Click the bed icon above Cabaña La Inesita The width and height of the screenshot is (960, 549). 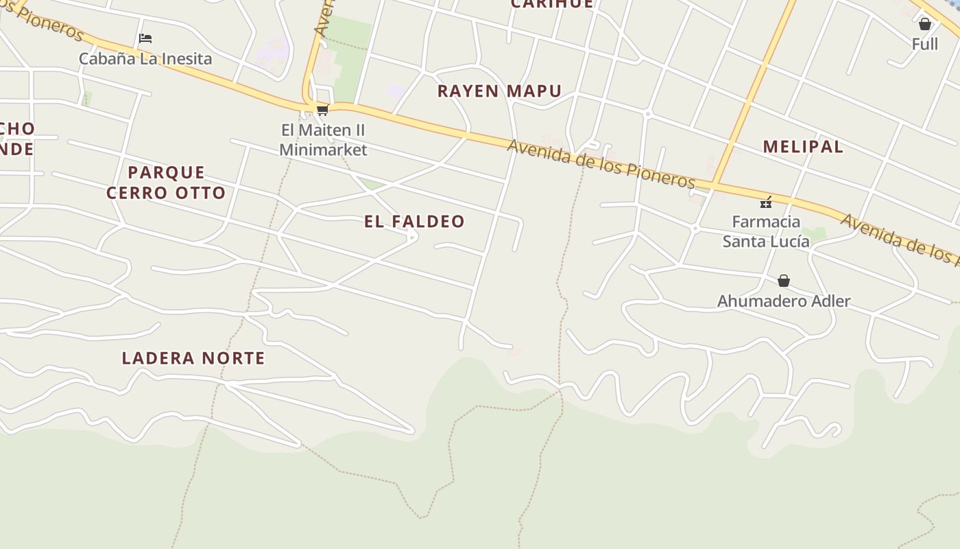click(x=145, y=38)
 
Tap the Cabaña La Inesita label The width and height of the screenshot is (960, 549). click(x=145, y=58)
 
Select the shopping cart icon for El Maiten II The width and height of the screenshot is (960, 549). click(x=322, y=110)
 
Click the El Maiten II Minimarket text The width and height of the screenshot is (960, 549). click(x=324, y=140)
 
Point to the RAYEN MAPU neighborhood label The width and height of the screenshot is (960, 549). click(x=499, y=91)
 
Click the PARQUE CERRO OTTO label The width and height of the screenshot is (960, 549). click(x=166, y=183)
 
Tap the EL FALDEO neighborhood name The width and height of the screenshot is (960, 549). click(x=414, y=221)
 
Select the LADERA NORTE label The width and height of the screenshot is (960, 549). click(x=193, y=358)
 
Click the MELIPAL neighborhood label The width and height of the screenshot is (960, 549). click(x=803, y=146)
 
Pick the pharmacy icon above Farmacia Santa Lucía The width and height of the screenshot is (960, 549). click(x=766, y=202)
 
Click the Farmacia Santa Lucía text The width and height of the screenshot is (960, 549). click(x=766, y=231)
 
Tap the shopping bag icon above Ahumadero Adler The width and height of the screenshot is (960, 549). click(x=784, y=281)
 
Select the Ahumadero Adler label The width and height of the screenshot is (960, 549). click(x=784, y=301)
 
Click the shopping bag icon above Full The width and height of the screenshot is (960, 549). click(x=925, y=25)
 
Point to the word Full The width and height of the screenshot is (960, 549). click(x=925, y=44)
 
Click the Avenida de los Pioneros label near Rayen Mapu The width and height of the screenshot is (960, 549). click(x=601, y=164)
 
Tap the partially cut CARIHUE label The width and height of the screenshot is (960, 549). click(x=552, y=4)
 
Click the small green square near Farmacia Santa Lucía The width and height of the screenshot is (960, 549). click(x=816, y=233)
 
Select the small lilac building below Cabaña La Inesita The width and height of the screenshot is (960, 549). click(x=273, y=51)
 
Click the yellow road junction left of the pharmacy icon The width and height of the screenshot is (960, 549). click(x=714, y=185)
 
